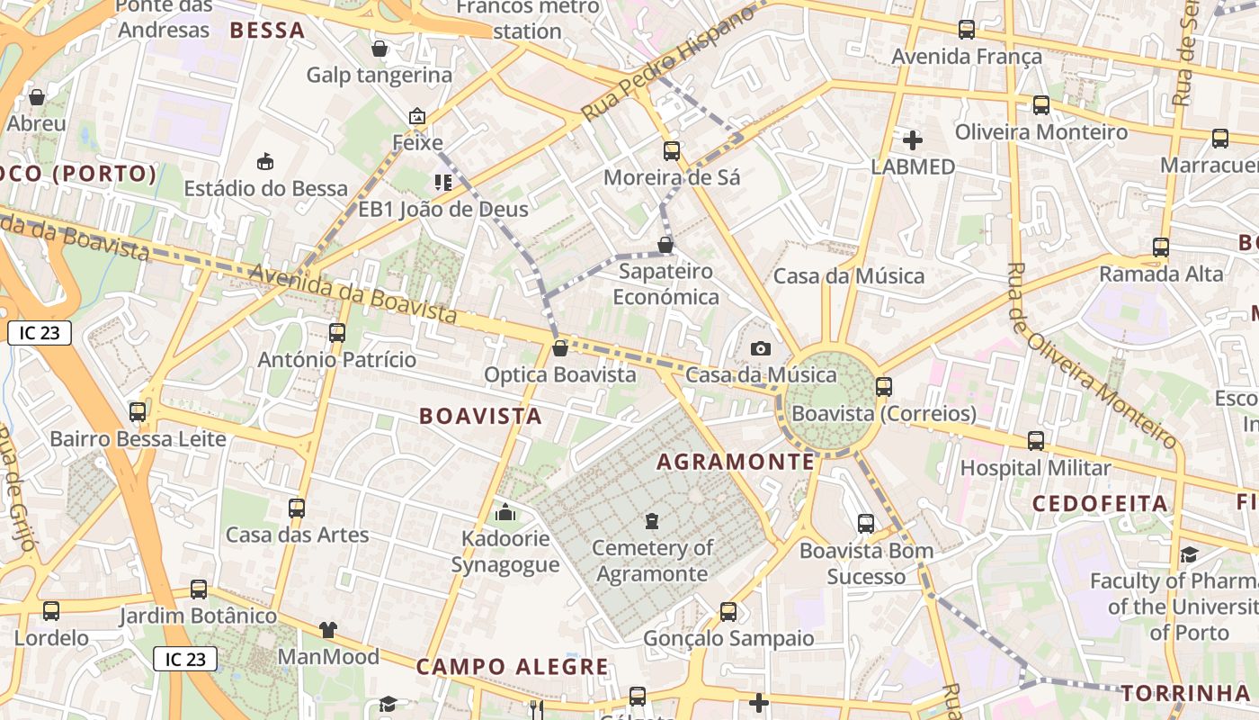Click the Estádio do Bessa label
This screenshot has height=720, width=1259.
pyautogui.click(x=265, y=188)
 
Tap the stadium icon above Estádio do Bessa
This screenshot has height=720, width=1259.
pyautogui.click(x=265, y=162)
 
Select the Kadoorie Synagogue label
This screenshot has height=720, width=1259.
pyautogui.click(x=504, y=552)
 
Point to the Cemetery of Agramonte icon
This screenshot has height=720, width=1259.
pyautogui.click(x=652, y=520)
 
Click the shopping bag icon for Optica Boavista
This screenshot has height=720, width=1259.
pyautogui.click(x=560, y=348)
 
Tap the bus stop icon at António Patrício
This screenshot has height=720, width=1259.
pyautogui.click(x=337, y=332)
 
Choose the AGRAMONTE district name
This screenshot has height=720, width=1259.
pyautogui.click(x=735, y=462)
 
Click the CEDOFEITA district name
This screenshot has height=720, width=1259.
pyautogui.click(x=1100, y=503)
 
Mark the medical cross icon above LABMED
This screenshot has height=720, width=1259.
pyautogui.click(x=913, y=139)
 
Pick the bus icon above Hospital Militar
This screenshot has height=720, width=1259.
pyautogui.click(x=1036, y=440)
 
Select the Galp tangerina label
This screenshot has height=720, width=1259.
pyautogui.click(x=379, y=75)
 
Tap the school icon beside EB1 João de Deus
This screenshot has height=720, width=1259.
pyautogui.click(x=442, y=183)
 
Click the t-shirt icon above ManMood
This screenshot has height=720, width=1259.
pyautogui.click(x=327, y=630)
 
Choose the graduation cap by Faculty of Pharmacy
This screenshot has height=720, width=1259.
pyautogui.click(x=1189, y=554)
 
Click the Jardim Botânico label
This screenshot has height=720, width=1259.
pyautogui.click(x=198, y=616)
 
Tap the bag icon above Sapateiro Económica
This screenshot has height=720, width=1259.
pyautogui.click(x=665, y=245)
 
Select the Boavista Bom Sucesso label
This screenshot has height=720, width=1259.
pyautogui.click(x=866, y=562)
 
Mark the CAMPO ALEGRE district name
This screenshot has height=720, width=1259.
pyautogui.click(x=512, y=667)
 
